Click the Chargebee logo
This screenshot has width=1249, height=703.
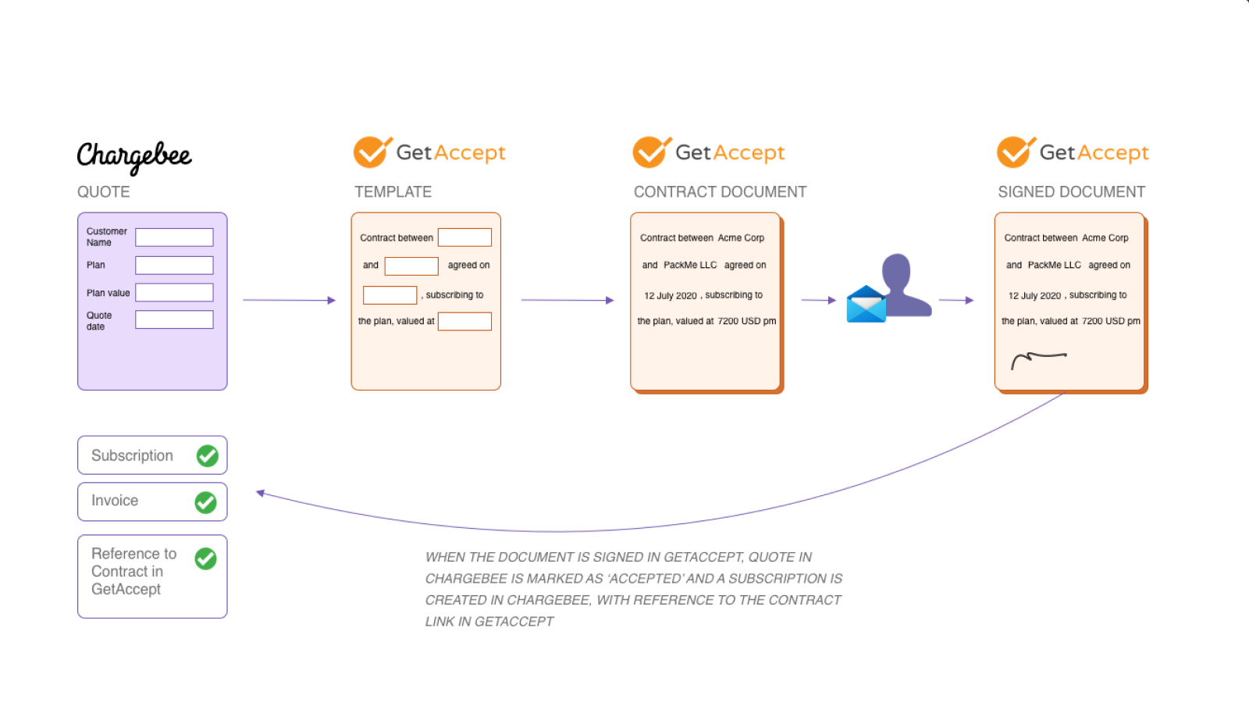(134, 156)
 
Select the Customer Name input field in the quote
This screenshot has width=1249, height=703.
(174, 237)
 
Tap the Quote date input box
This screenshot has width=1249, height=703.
(174, 319)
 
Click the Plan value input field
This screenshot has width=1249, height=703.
(174, 292)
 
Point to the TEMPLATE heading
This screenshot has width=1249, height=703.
(393, 192)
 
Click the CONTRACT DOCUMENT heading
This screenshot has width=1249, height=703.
(720, 192)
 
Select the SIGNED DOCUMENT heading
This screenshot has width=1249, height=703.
(1071, 192)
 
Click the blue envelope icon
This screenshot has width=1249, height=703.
(866, 305)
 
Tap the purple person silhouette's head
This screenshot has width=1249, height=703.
(896, 270)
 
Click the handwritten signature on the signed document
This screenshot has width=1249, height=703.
(1037, 359)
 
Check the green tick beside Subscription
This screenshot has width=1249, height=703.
(208, 455)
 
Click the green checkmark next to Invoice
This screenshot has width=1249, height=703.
(206, 502)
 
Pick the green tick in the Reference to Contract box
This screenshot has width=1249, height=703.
(206, 558)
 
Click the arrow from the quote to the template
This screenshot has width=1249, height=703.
(289, 300)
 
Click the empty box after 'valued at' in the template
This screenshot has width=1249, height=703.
(464, 321)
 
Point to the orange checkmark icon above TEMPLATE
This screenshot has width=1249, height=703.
(372, 152)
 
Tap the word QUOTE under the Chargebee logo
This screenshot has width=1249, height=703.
(103, 192)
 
